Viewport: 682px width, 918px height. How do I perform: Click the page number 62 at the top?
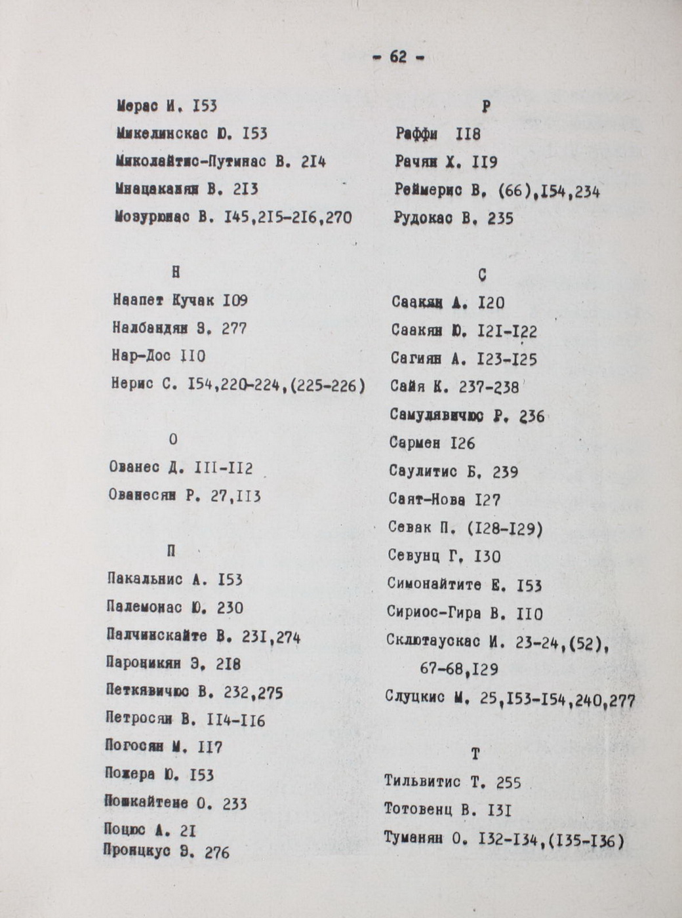click(398, 58)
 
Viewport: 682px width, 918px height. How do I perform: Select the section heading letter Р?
click(486, 107)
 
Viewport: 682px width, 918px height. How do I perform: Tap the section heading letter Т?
click(475, 755)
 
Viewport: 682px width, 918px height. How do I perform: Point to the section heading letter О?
click(173, 440)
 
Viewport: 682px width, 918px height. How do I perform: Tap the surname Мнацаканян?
click(156, 190)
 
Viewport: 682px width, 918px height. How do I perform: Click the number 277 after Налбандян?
click(234, 329)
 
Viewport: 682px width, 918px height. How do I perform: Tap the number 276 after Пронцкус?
click(217, 853)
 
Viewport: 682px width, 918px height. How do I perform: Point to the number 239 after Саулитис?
click(504, 472)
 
